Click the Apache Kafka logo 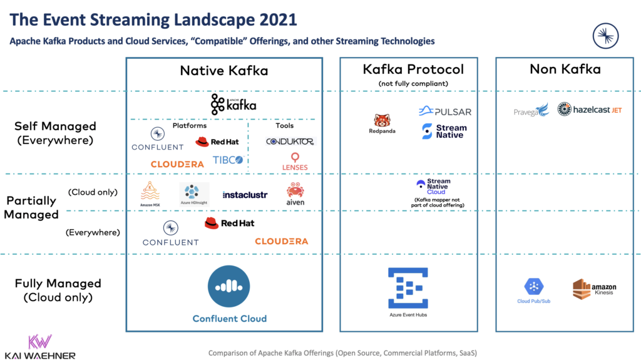click(233, 105)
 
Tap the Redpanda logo click(382, 124)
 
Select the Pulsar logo click(444, 111)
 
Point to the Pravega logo click(531, 110)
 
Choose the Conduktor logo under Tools click(289, 141)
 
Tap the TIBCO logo click(227, 160)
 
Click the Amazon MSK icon click(150, 193)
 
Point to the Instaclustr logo click(245, 195)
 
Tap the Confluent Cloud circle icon click(229, 287)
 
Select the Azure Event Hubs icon click(408, 287)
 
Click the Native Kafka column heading click(223, 71)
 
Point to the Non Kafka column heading click(565, 69)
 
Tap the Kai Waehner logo click(39, 347)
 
